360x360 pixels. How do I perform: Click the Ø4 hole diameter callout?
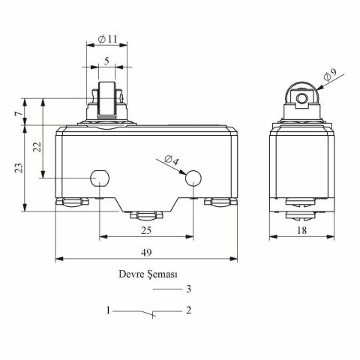[x=172, y=160]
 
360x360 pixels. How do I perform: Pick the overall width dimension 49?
[x=146, y=253]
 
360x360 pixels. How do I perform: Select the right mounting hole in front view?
[x=192, y=178]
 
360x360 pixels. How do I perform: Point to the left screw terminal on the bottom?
[x=70, y=201]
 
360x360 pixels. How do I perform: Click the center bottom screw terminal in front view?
[x=145, y=215]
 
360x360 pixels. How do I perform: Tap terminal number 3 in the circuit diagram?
[x=189, y=289]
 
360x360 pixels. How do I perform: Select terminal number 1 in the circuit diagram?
[x=108, y=310]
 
